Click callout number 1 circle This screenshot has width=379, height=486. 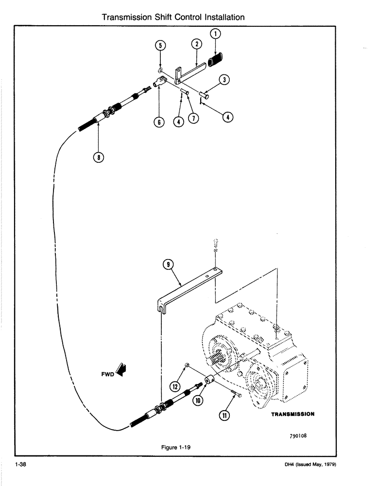[x=216, y=34]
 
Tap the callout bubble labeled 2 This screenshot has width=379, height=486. [x=196, y=44]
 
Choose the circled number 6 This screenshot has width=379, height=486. [x=158, y=122]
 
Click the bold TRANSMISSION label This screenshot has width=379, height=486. [x=293, y=415]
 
